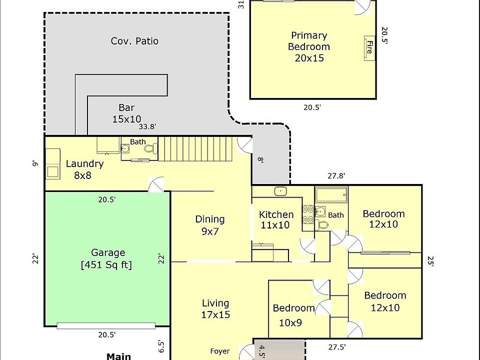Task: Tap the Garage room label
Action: click(x=106, y=258)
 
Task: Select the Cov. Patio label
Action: click(x=134, y=41)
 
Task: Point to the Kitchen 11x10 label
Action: click(x=276, y=220)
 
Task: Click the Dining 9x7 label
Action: click(x=210, y=225)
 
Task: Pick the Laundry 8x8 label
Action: click(x=84, y=169)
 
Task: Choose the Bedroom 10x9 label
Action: click(x=293, y=315)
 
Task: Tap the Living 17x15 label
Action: click(x=215, y=308)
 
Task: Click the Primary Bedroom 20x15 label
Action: click(x=309, y=47)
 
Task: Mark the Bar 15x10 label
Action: click(x=126, y=113)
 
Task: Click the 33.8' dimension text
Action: click(x=147, y=126)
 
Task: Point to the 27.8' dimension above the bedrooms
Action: click(x=336, y=175)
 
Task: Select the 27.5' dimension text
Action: click(x=337, y=347)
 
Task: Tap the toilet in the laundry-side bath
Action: click(x=150, y=149)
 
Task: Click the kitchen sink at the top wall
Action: click(x=280, y=191)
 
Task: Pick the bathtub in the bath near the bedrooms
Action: click(x=331, y=194)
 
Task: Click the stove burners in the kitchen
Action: click(x=307, y=214)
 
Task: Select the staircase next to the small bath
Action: click(x=195, y=149)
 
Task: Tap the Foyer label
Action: click(x=220, y=351)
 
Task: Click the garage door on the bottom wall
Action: click(x=106, y=325)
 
